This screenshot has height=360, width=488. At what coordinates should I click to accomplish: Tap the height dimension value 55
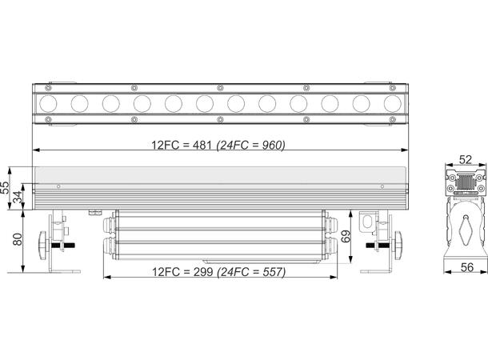point(6,189)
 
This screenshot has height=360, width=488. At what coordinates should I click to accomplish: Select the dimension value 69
point(346,236)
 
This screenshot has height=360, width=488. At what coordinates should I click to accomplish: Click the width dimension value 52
point(465,159)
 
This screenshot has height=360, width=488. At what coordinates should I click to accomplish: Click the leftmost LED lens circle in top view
point(48,102)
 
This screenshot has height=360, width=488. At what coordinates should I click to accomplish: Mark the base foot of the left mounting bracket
point(62,270)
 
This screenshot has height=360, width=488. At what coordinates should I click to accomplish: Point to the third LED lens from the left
point(110,102)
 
